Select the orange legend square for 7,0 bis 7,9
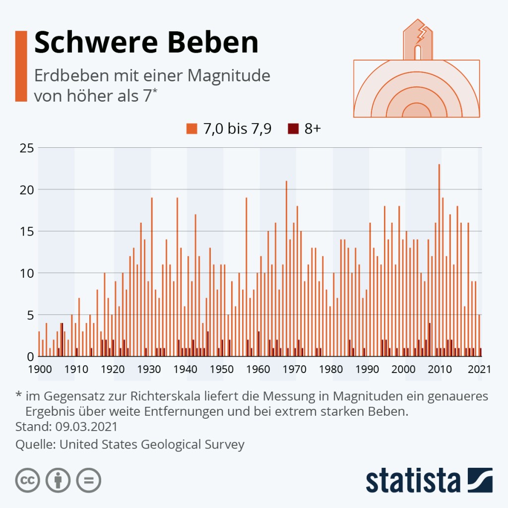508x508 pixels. pyautogui.click(x=191, y=129)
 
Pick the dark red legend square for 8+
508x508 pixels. pyautogui.click(x=293, y=129)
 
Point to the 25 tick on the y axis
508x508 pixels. pyautogui.click(x=27, y=148)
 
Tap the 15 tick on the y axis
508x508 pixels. pyautogui.click(x=27, y=231)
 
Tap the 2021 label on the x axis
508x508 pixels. pyautogui.click(x=480, y=369)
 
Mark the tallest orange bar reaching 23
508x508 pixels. pyautogui.click(x=439, y=258)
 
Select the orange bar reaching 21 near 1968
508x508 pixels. pyautogui.click(x=286, y=268)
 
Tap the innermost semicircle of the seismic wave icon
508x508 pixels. pyautogui.click(x=417, y=111)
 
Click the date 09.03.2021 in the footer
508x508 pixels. pyautogui.click(x=86, y=427)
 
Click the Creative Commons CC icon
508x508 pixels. pyautogui.click(x=28, y=480)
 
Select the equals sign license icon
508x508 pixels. pyautogui.click(x=88, y=480)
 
